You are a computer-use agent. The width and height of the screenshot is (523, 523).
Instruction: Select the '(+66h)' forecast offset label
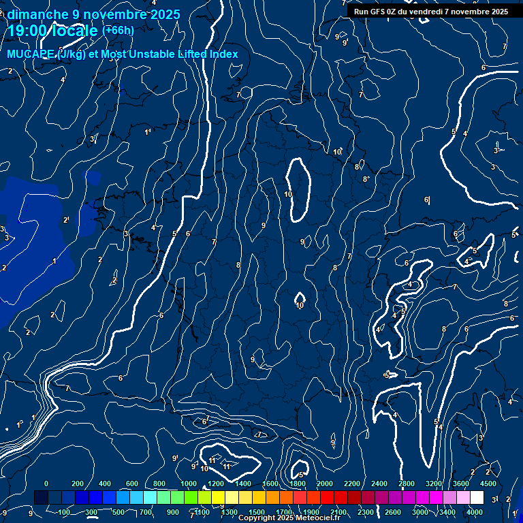(x=118, y=30)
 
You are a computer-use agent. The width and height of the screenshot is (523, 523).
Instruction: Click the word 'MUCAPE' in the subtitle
(x=30, y=54)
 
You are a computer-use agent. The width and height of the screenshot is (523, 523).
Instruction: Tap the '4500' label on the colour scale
(x=488, y=484)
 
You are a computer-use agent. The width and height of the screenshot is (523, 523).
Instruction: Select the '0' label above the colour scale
(x=46, y=484)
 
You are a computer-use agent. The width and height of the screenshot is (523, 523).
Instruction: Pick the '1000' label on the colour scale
(x=189, y=484)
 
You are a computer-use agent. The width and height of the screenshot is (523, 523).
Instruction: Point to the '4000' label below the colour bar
(x=475, y=512)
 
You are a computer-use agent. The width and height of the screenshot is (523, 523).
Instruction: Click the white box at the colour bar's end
(x=477, y=498)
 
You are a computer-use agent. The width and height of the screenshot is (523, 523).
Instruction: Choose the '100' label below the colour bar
(x=64, y=512)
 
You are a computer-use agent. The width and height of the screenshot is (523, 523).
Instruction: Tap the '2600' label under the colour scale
(x=393, y=512)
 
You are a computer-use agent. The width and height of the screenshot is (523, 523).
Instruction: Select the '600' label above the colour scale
(x=132, y=484)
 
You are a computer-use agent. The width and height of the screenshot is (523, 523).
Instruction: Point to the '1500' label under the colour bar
(x=257, y=512)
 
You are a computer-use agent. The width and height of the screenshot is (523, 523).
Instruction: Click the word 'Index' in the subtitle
(x=224, y=54)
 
